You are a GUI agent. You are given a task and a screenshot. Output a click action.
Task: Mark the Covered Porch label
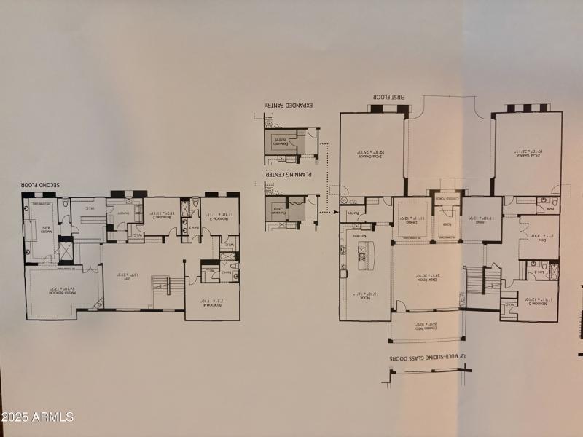pyautogui.click(x=445, y=198)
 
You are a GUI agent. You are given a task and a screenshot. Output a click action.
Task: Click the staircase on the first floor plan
pyautogui.click(x=474, y=280)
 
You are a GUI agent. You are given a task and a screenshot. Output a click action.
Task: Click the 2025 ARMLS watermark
pyautogui.click(x=38, y=418)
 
